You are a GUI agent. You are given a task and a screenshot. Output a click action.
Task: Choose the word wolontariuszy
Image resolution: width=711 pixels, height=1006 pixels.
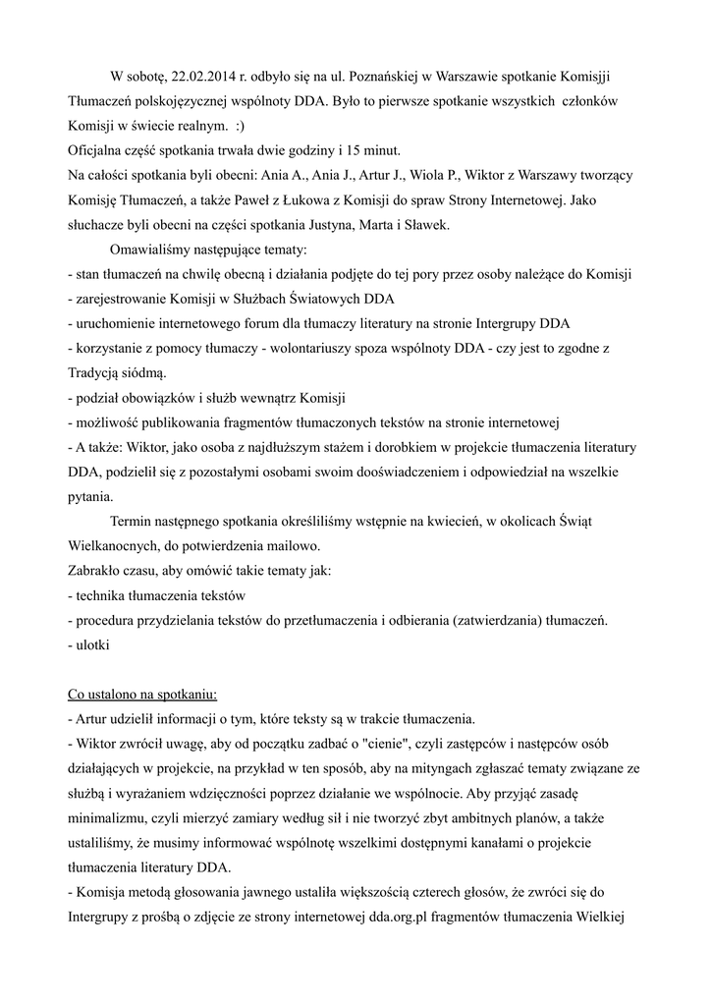(x=304, y=349)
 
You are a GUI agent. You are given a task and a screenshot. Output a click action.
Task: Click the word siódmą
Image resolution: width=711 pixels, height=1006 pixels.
(x=143, y=373)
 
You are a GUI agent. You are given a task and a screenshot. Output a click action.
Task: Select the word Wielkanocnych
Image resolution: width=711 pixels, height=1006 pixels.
(x=116, y=546)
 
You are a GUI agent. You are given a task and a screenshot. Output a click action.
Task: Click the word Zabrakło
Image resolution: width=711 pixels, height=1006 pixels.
(x=94, y=571)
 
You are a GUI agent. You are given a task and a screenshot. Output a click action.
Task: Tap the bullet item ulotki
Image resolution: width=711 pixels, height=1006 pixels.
(x=91, y=645)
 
